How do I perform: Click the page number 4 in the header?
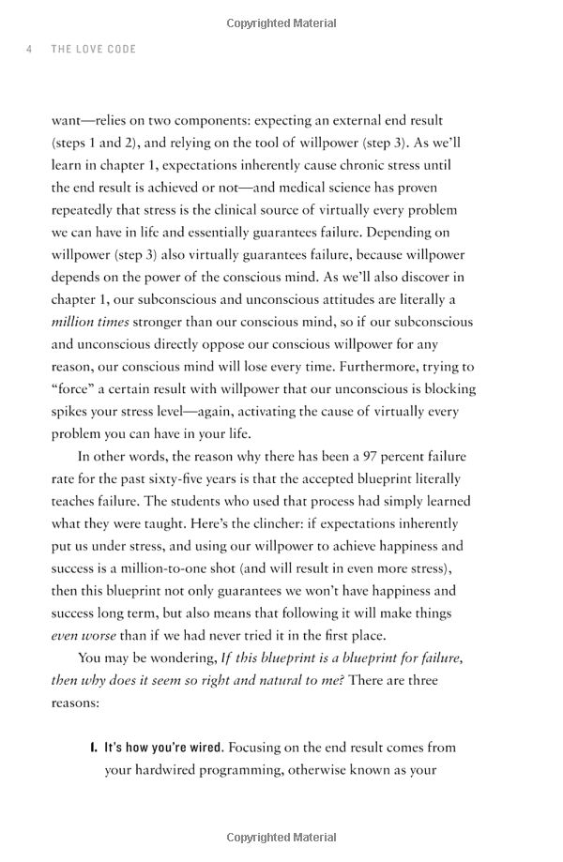29,50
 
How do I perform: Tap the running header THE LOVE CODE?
96,50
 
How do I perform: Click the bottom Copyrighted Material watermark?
281,837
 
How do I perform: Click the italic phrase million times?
91,322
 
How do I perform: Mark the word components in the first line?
260,120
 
